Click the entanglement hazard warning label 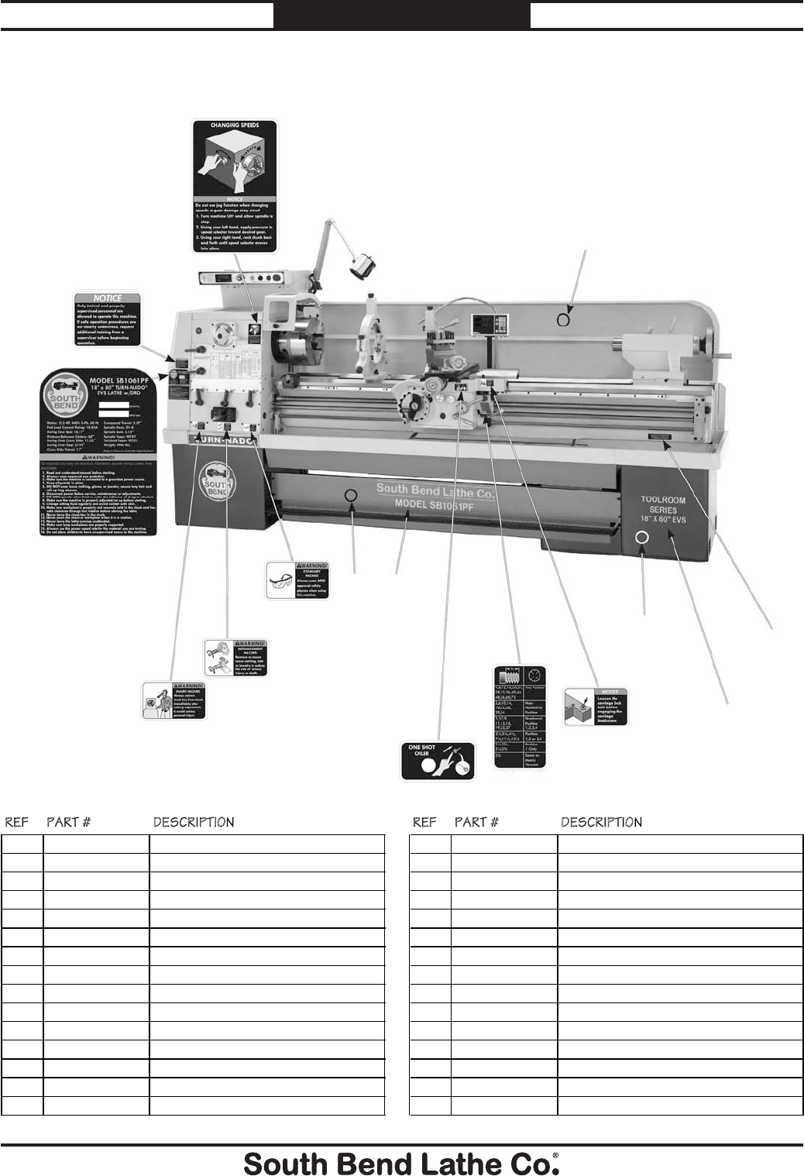235,658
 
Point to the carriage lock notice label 596,706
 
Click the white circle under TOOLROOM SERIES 643,538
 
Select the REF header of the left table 17,822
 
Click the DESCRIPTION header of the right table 601,822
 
